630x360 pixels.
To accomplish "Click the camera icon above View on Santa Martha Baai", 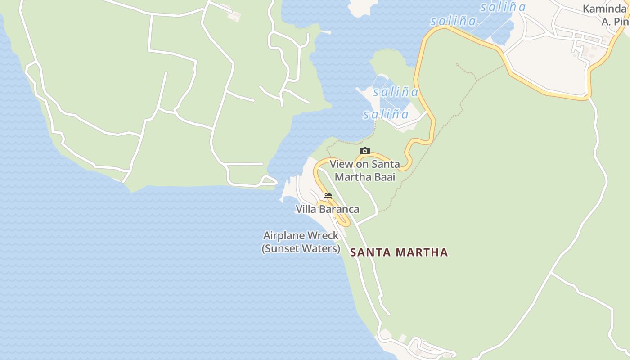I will click(x=365, y=151).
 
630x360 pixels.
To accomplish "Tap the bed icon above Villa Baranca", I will click(x=328, y=196).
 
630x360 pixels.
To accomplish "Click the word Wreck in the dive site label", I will click(x=323, y=236).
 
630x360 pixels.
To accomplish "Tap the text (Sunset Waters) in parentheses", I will click(x=301, y=248).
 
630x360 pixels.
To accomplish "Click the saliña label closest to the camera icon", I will click(x=386, y=115).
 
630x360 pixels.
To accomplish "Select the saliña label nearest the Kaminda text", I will click(x=503, y=7).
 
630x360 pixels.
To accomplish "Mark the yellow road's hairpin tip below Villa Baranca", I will click(x=347, y=223).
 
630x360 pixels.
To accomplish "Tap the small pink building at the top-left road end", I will click(x=234, y=16).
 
